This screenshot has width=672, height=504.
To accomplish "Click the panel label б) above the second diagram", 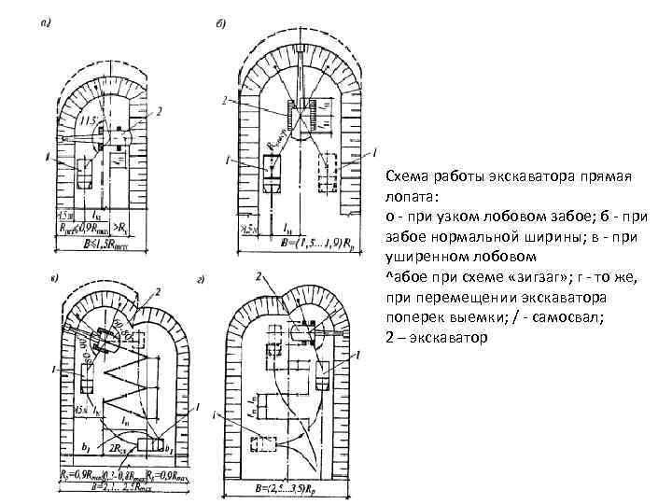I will coord(221,23).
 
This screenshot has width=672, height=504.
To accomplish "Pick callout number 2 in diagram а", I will coord(160,111).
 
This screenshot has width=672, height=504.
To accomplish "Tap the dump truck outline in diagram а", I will coord(86,176).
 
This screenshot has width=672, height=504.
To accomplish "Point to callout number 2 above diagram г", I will coord(258,276).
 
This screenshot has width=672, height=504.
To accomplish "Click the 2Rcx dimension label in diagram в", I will coord(119,450).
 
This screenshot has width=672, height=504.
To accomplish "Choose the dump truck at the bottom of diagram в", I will coord(149,444).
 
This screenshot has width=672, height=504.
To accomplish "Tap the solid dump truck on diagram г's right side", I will coord(324,379).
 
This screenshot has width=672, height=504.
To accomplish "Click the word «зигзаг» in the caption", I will coord(508,278).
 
